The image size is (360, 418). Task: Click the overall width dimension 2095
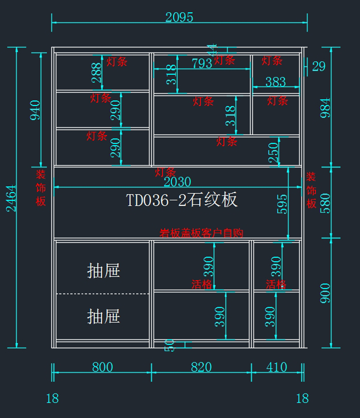[x=179, y=17]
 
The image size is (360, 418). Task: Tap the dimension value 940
[x=35, y=110]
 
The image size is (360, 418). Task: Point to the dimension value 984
[x=325, y=107]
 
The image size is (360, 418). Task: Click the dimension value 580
[x=325, y=203]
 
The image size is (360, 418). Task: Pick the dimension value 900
[x=325, y=293]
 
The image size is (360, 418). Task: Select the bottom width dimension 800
[x=102, y=367]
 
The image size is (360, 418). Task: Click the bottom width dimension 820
[x=201, y=367]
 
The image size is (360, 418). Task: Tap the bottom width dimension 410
[x=277, y=367]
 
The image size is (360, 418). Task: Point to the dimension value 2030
[x=177, y=182]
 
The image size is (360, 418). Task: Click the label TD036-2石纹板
[x=181, y=200]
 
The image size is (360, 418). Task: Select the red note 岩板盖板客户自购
[x=201, y=233]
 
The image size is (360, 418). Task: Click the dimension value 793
[x=202, y=63]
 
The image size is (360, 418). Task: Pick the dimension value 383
[x=275, y=82]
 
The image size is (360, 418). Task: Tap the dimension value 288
[x=97, y=73]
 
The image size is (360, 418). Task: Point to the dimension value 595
[x=282, y=204]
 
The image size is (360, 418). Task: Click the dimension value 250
[x=273, y=152]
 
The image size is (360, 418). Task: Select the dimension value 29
[x=318, y=66]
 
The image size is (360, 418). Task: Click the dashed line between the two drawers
[x=102, y=294]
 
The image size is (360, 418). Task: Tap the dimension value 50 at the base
[x=169, y=345]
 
